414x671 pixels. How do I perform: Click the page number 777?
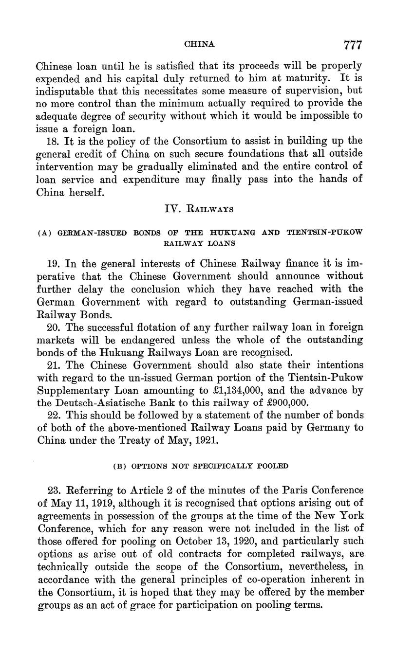tap(353, 45)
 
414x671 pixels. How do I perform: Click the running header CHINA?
tap(200, 44)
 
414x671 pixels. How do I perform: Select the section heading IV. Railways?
tap(199, 209)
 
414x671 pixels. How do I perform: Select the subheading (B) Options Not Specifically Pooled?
tap(200, 466)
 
